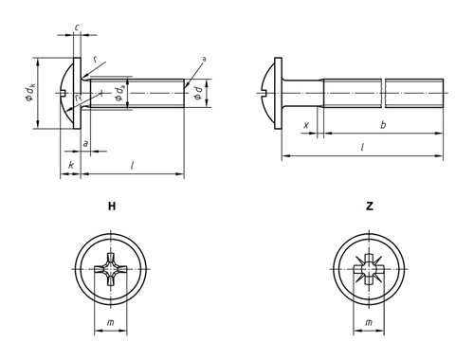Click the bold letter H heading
112,207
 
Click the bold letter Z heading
370,207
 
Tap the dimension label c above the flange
77,27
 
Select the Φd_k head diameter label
30,93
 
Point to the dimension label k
71,165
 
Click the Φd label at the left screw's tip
197,94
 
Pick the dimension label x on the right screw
306,125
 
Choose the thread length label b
383,125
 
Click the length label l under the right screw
363,147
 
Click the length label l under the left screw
133,165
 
